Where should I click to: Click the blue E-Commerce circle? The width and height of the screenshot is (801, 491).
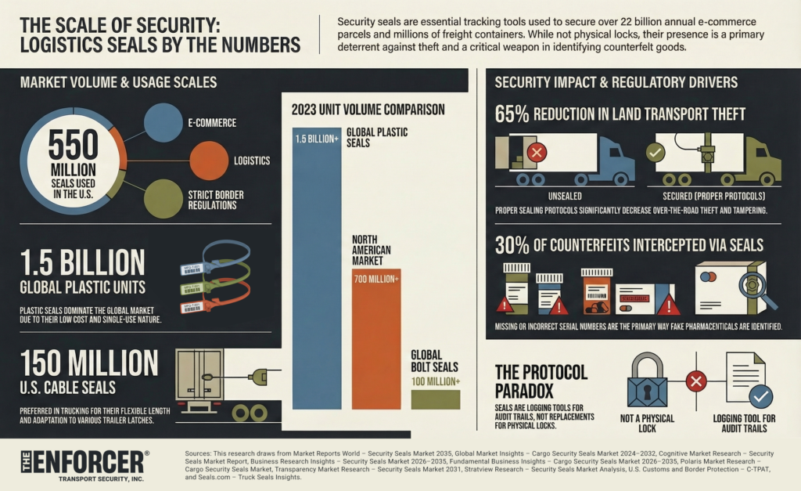[x=163, y=122]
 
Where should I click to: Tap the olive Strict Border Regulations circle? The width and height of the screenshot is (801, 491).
[x=163, y=198]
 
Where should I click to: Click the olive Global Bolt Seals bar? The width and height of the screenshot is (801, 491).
[x=436, y=399]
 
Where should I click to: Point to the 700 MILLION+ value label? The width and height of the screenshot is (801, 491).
[x=376, y=278]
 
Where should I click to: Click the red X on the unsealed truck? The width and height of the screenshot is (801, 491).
[x=537, y=152]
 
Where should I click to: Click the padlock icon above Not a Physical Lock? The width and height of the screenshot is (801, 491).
[x=647, y=381]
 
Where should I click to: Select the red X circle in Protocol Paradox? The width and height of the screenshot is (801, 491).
[x=695, y=382]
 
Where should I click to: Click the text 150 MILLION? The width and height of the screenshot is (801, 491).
[x=89, y=363]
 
